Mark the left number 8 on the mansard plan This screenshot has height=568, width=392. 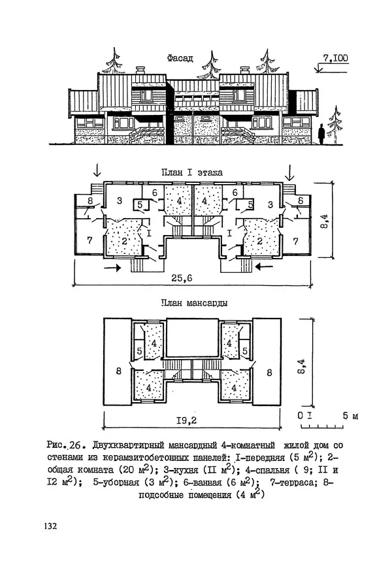pos(118,371)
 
